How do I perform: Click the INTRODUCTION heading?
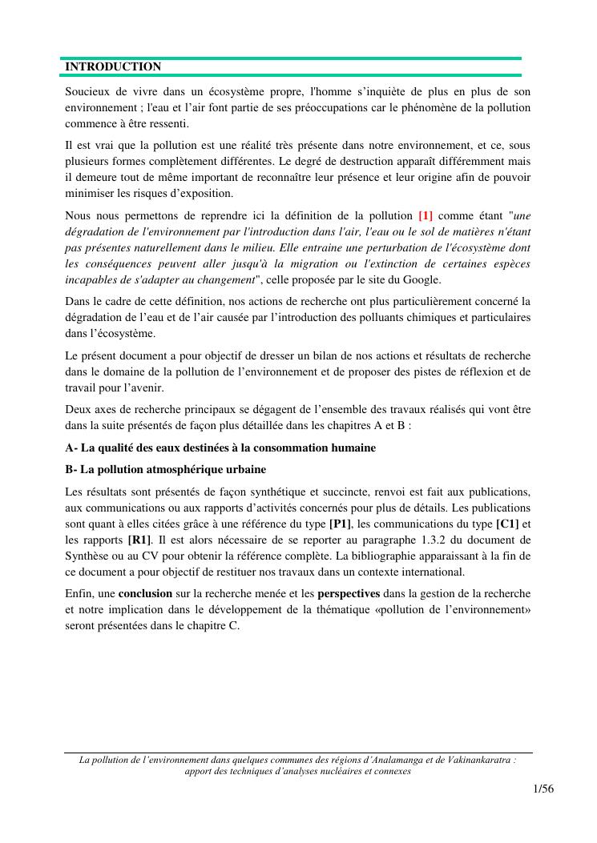click(x=113, y=66)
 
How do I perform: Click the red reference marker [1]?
click(x=426, y=215)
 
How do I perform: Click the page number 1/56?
click(x=543, y=789)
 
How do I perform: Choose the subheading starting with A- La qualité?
click(x=220, y=448)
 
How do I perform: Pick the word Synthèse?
click(x=87, y=555)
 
